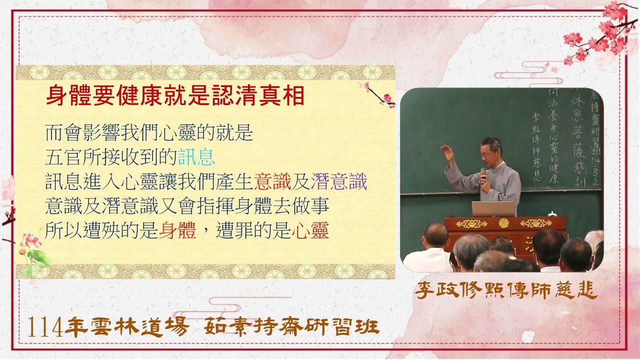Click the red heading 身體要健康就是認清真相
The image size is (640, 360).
(x=175, y=95)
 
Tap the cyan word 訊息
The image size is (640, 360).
(x=196, y=157)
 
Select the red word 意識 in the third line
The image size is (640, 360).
(x=272, y=181)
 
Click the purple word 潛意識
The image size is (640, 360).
(x=339, y=181)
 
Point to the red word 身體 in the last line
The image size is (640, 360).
(x=177, y=230)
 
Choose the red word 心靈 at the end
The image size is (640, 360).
(x=310, y=230)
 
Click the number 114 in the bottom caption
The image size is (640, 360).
(x=45, y=327)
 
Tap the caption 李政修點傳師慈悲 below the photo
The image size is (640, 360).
(x=506, y=290)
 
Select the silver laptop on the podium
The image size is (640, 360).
(x=493, y=208)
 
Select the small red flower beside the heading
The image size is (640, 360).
(x=386, y=98)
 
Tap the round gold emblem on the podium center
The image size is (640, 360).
(x=503, y=223)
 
